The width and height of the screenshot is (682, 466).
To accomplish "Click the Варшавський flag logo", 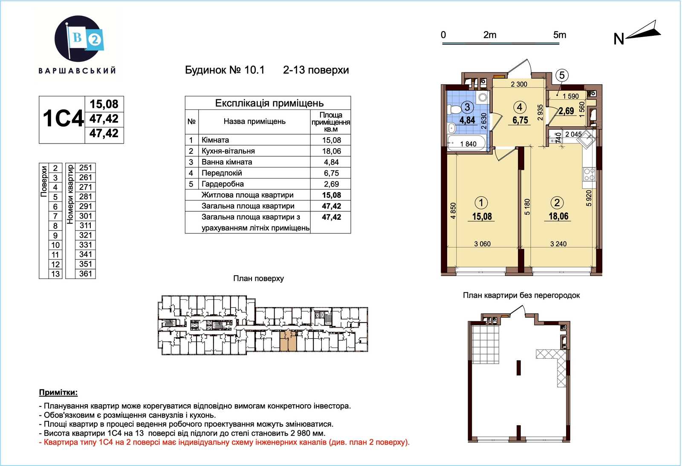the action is [x=78, y=39].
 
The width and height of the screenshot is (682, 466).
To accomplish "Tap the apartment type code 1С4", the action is [x=63, y=118].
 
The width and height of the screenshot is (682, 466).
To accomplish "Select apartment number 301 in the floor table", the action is [x=86, y=216].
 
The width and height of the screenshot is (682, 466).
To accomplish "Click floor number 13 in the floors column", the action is [x=55, y=274].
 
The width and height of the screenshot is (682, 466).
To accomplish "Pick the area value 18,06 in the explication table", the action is [x=332, y=151].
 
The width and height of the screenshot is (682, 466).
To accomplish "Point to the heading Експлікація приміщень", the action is [x=269, y=103].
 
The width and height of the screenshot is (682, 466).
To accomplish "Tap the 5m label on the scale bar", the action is [x=560, y=35].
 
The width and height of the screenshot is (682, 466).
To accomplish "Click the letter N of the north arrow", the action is [x=618, y=39].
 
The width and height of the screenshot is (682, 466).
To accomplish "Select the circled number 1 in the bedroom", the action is [x=481, y=203].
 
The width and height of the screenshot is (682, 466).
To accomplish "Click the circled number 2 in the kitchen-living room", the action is [x=557, y=203].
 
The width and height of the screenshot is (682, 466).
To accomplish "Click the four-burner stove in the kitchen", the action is [x=589, y=174].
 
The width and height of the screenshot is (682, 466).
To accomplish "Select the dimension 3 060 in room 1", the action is [x=482, y=244].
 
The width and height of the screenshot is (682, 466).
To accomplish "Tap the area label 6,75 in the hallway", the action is [x=520, y=120].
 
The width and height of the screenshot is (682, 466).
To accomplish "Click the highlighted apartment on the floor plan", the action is [x=288, y=341].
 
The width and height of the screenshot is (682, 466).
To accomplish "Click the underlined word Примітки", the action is [x=58, y=392].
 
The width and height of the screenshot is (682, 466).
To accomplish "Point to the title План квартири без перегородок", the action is [x=521, y=295].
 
